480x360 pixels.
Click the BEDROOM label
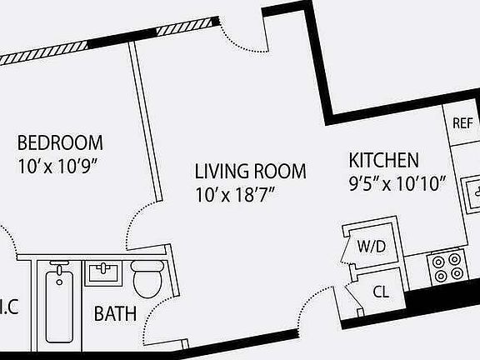coord(60,142)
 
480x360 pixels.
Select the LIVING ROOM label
coord(250,172)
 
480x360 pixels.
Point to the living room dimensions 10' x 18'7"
coord(235,195)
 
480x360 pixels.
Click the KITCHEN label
coord(383,160)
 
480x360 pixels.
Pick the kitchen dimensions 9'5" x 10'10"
coord(398,181)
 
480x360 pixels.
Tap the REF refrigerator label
coord(462,123)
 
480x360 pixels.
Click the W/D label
coord(371,247)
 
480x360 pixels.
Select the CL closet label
coord(381,292)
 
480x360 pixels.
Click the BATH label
coord(115,314)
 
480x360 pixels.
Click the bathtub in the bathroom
coord(58,303)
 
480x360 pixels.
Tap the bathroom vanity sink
coord(104,272)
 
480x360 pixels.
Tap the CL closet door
coord(355,296)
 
